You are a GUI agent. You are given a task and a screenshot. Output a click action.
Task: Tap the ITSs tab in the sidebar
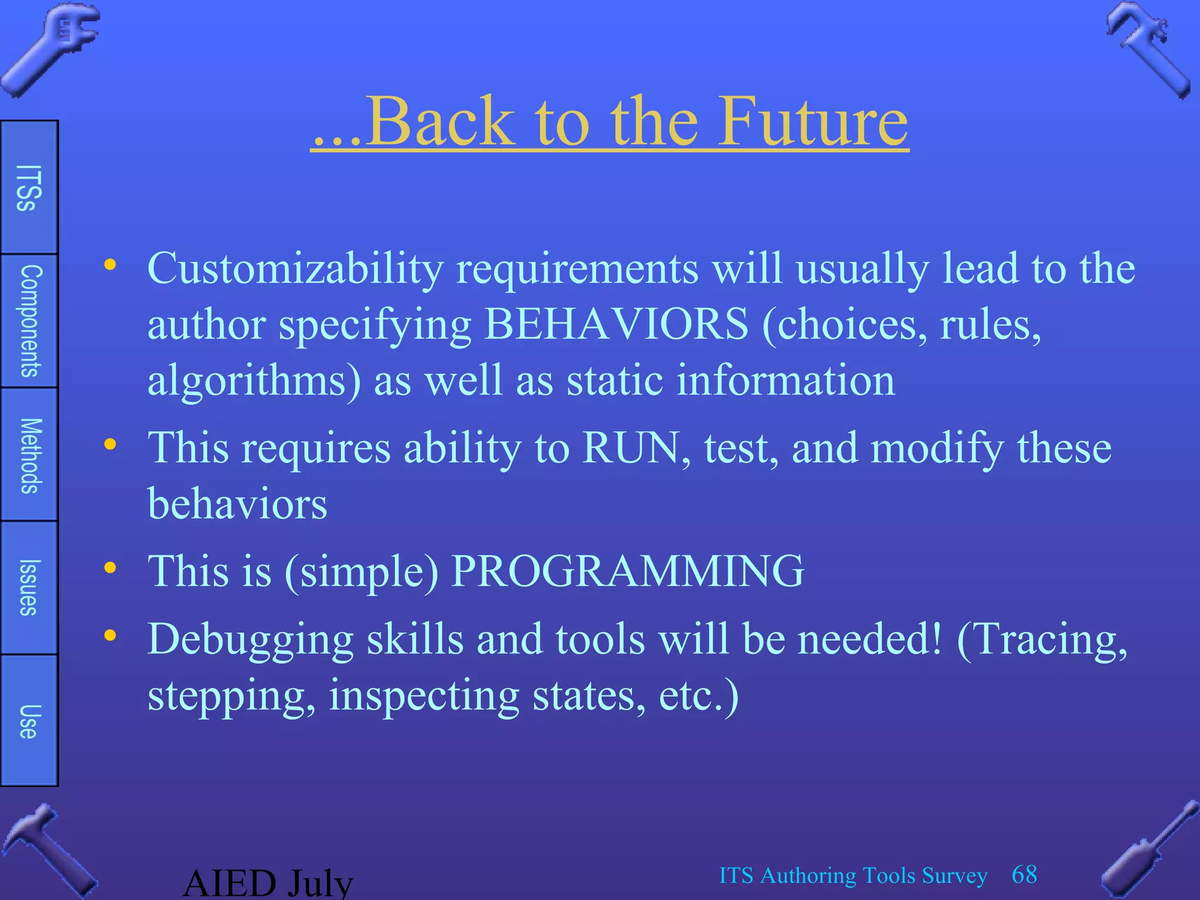(x=29, y=187)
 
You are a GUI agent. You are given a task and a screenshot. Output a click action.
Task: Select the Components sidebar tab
(x=29, y=321)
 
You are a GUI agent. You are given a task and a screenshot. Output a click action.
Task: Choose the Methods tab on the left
(x=29, y=455)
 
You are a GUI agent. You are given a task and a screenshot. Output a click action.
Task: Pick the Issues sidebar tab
(x=29, y=588)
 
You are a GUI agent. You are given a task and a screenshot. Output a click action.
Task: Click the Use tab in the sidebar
(x=29, y=721)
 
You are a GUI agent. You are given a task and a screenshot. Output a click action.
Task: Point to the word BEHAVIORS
(x=616, y=323)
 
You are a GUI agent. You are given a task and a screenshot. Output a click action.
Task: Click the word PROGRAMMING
(x=628, y=571)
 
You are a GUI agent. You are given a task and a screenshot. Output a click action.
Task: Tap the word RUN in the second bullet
(x=630, y=448)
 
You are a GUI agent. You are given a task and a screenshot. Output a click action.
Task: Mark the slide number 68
(x=1024, y=875)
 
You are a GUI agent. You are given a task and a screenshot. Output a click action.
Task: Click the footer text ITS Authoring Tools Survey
(x=853, y=875)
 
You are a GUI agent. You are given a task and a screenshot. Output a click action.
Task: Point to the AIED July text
(x=268, y=882)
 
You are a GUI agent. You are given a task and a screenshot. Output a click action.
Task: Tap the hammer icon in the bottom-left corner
(x=47, y=850)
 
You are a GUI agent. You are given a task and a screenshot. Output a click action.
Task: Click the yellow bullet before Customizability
(x=110, y=265)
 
